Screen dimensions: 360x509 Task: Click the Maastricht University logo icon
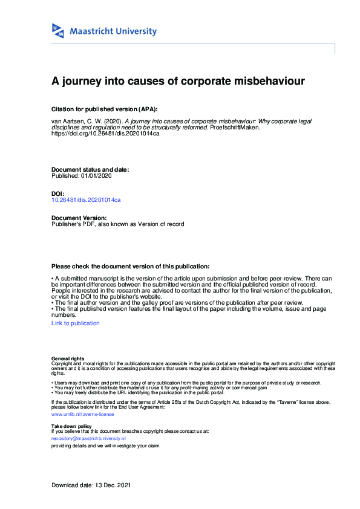tap(58, 31)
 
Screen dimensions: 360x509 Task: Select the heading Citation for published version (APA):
tap(105, 109)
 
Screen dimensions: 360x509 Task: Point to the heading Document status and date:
tap(90, 170)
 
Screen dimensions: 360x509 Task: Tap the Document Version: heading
tap(79, 218)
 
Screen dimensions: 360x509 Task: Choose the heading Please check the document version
tap(131, 266)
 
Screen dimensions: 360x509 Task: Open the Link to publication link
tap(76, 323)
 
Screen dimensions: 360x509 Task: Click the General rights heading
tap(68, 358)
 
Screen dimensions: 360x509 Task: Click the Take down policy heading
tap(72, 426)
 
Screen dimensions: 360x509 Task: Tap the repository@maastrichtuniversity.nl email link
tap(88, 438)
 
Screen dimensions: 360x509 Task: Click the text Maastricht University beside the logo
tap(113, 31)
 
